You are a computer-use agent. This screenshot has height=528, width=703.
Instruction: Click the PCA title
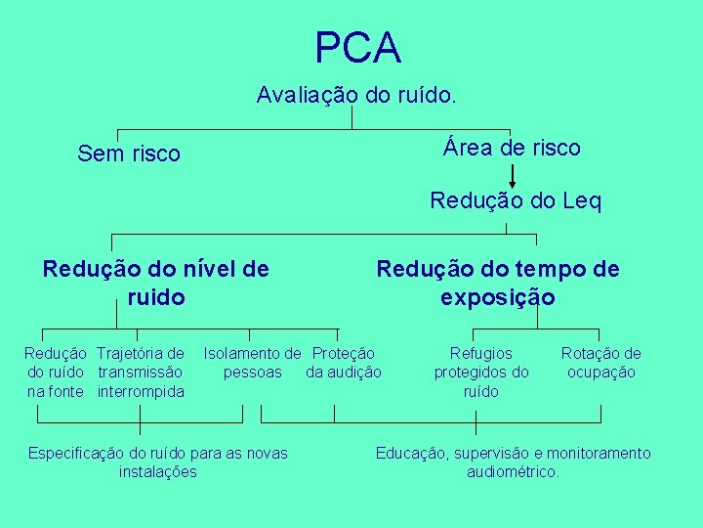click(x=357, y=47)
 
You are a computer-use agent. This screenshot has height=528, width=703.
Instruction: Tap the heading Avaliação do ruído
click(x=356, y=95)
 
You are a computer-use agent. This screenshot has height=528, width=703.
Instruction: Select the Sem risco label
click(x=129, y=154)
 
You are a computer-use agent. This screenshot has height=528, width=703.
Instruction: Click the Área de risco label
click(x=512, y=148)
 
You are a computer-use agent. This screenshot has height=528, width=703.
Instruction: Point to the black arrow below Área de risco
click(x=514, y=176)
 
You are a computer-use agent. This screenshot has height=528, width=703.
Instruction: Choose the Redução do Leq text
click(x=516, y=201)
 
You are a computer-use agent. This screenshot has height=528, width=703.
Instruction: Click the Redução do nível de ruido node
click(x=156, y=282)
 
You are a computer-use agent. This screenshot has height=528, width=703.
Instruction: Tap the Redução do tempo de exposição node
click(x=498, y=282)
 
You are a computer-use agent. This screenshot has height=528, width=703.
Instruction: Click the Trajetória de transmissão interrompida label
click(x=142, y=372)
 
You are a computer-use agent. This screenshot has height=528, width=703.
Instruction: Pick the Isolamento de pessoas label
click(x=252, y=362)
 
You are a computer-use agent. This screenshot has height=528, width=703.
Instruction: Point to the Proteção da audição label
click(x=344, y=362)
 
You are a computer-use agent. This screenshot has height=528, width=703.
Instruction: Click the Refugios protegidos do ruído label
click(x=481, y=372)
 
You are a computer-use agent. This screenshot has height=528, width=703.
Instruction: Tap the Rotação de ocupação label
click(x=601, y=362)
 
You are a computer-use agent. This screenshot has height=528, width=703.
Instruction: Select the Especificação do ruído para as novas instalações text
click(x=158, y=462)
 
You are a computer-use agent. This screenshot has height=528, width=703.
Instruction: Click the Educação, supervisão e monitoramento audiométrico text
click(x=514, y=462)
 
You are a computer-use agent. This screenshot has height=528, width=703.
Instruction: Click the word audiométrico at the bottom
click(x=513, y=471)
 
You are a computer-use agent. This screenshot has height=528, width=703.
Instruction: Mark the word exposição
click(x=497, y=296)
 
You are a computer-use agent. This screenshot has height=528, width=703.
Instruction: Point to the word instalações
click(x=158, y=471)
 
